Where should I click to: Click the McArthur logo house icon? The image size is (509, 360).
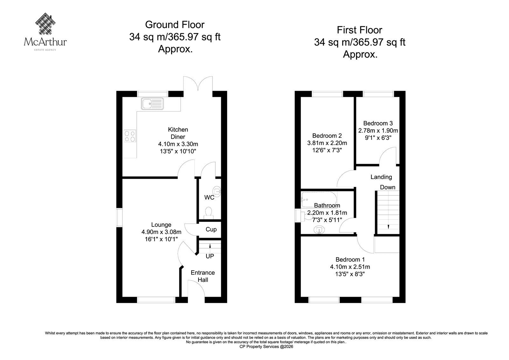45,24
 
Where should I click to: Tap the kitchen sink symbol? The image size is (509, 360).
152,103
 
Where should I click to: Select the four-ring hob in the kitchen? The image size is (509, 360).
130,136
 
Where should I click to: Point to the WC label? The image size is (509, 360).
209,197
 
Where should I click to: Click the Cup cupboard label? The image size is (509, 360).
211,229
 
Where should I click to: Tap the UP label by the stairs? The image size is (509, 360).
210,256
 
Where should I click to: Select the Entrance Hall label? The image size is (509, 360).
203,276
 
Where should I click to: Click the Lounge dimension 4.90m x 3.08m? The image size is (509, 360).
161,232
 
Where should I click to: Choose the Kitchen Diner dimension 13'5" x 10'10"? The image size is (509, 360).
178,151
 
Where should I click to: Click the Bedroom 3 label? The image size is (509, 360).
378,123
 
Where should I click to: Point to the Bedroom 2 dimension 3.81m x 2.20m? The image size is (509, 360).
327,143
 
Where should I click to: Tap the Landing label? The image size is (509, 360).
381,177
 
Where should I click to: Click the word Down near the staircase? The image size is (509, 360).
388,187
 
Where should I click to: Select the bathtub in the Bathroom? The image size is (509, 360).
319,200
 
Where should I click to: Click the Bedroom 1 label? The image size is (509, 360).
350,259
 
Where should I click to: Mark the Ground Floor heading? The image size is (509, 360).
175,25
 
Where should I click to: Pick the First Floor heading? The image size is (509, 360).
359,30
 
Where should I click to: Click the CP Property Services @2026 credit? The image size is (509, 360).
266,347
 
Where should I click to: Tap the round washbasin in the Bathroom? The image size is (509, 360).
318,230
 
